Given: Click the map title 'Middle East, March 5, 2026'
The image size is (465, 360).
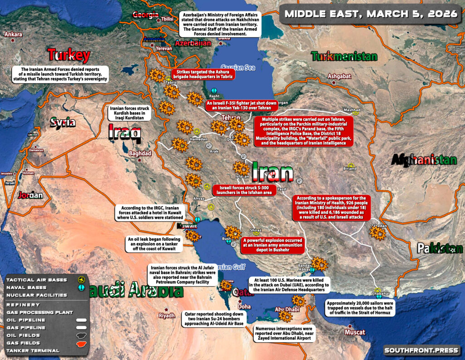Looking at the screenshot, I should pos(371,14).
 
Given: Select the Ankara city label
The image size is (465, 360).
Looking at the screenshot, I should pos(13,35).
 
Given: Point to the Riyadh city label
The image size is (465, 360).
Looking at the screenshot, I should pos(166,316).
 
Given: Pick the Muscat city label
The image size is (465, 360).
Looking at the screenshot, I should pos(355,332).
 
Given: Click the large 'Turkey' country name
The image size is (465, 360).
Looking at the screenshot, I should pos(69,55).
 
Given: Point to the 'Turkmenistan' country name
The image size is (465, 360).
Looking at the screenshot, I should pos(344,57).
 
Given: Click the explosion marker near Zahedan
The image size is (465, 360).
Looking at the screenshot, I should pos(377,233).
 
